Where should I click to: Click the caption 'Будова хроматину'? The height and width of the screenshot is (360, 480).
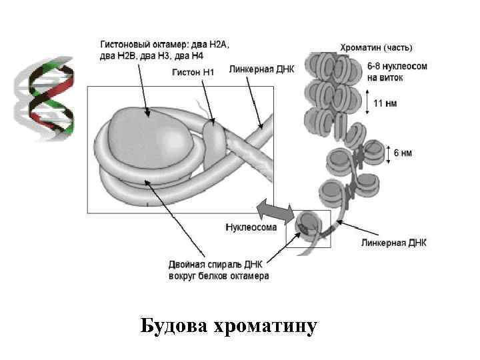[229, 327]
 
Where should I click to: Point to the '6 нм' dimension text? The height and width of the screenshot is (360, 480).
[403, 153]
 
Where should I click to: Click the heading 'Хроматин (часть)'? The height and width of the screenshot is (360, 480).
[376, 48]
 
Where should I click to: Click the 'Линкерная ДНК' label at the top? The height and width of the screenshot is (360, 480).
[261, 69]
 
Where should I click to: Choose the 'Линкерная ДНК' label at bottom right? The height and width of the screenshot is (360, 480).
[394, 243]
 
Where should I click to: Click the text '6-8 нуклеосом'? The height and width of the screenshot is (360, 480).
[397, 67]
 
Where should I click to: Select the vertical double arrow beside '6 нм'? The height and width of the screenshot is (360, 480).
[388, 153]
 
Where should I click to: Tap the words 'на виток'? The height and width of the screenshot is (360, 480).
[385, 77]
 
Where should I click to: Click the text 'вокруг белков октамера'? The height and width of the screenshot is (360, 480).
[218, 276]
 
